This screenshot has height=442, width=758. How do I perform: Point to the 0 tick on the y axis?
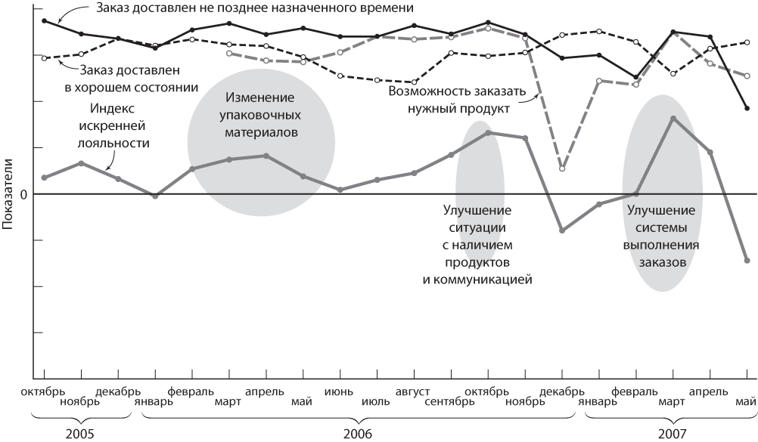pyautogui.click(x=23, y=194)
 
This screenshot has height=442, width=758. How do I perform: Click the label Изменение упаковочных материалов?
pyautogui.click(x=260, y=116)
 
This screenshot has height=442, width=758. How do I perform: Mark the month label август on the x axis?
pyautogui.click(x=413, y=391)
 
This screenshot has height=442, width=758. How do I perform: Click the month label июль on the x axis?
pyautogui.click(x=376, y=401)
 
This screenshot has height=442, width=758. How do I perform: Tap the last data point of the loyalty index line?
pyautogui.click(x=747, y=260)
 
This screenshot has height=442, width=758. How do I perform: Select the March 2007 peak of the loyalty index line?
pyautogui.click(x=673, y=118)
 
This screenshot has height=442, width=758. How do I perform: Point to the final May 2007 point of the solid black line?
pyautogui.click(x=747, y=108)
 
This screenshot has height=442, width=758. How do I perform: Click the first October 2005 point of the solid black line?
pyautogui.click(x=44, y=20)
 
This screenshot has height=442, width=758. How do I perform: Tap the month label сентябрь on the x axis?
pyautogui.click(x=449, y=401)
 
